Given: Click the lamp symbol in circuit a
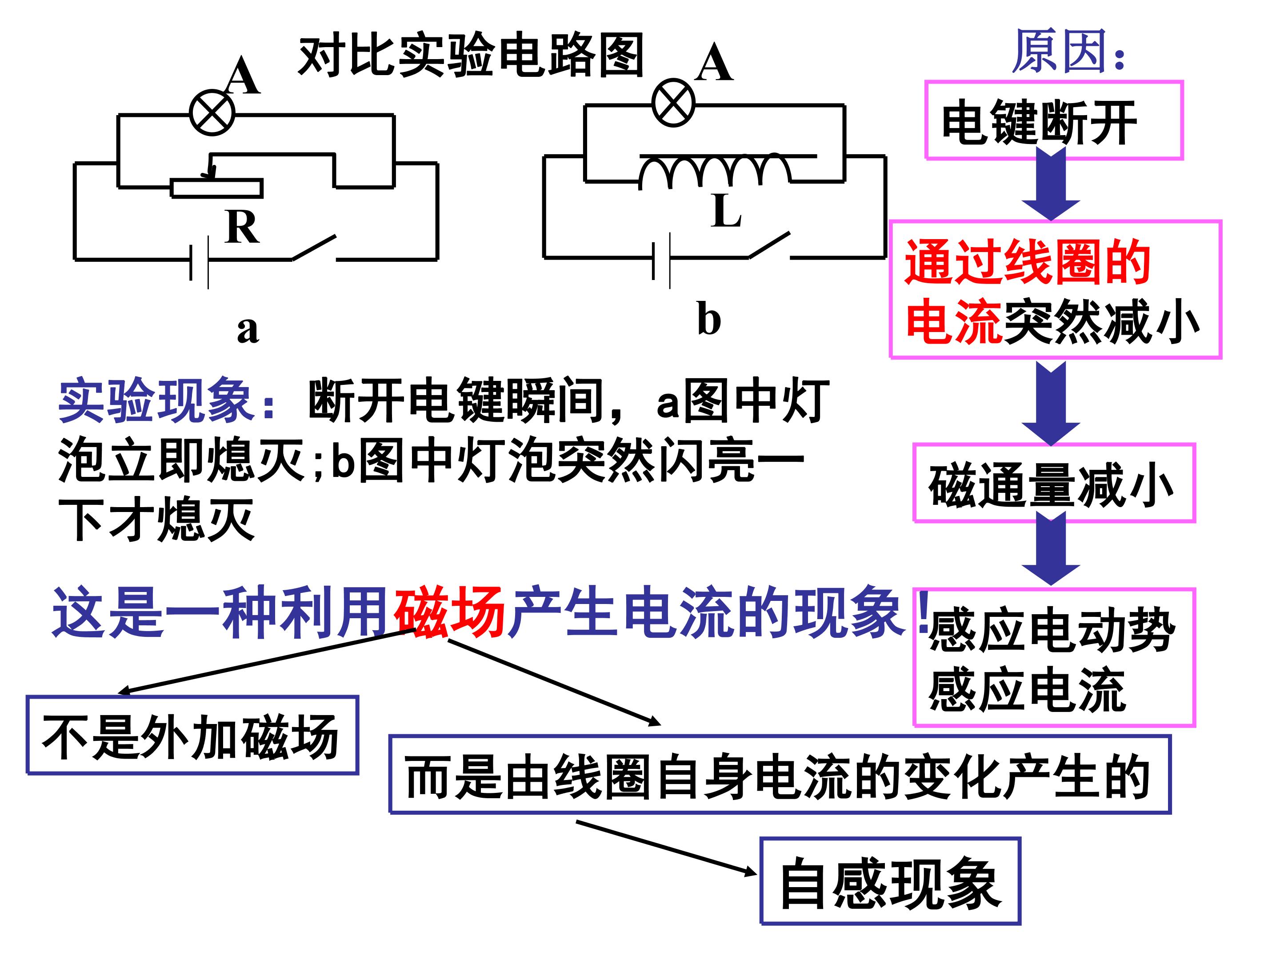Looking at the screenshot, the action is (x=212, y=113).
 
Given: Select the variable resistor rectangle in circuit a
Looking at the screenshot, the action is (x=217, y=188).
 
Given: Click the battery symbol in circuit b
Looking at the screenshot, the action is (x=661, y=260).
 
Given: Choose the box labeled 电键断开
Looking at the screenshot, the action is (x=1054, y=120).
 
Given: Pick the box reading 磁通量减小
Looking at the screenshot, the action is (x=1054, y=483).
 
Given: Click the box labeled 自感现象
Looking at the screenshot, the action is (x=890, y=881).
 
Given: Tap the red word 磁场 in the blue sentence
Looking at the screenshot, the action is (x=450, y=612).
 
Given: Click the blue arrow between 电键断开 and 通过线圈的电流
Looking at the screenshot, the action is (x=1051, y=183).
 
